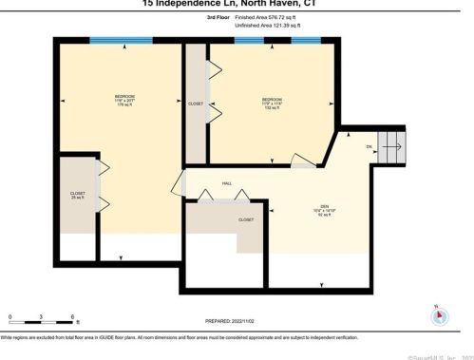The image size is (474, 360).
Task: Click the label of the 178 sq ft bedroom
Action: [124, 99]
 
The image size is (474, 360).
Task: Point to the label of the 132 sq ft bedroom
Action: [273, 104]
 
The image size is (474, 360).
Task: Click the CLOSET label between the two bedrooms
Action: [196, 104]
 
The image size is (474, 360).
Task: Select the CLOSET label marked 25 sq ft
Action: [78, 196]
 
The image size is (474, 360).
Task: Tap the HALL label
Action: [227, 183]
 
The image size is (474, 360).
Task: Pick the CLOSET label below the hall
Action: [245, 219]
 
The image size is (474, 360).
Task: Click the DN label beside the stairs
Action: [369, 147]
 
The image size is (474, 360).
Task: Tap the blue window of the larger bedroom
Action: [120, 41]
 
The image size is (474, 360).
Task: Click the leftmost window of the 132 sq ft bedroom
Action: [249, 41]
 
